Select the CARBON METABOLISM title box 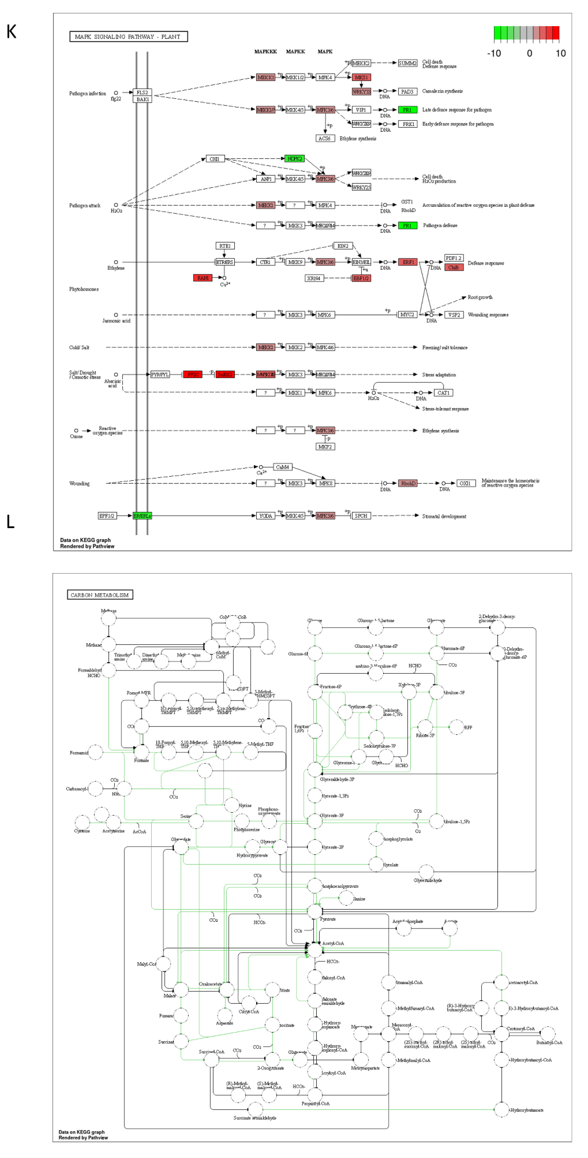pos(100,595)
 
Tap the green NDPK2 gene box pos(295,159)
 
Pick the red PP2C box pos(193,374)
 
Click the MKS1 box pos(361,77)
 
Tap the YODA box pos(266,516)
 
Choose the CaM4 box pos(282,467)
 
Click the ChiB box pos(453,267)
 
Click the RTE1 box pos(225,246)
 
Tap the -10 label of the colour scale pos(494,54)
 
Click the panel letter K pos(12,32)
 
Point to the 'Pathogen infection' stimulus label pos(88,94)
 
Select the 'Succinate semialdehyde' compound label pos(255,1118)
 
